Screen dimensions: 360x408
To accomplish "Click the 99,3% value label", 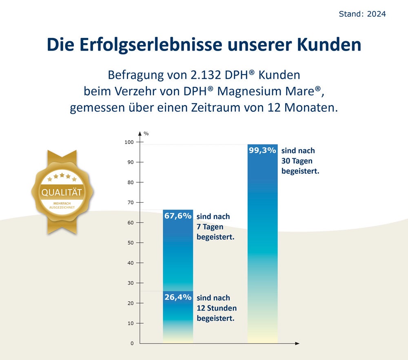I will point(263,150).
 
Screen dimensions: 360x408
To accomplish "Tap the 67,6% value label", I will point(178,216).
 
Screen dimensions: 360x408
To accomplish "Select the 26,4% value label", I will point(178,297).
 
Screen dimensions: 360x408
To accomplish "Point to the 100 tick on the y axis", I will point(129,142).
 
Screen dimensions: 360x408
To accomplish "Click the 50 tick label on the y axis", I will point(131,243).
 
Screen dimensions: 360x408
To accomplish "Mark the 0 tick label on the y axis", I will point(132,343).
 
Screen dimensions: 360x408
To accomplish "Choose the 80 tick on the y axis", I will point(131,182).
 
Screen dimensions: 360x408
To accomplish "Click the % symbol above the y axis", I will point(146,133).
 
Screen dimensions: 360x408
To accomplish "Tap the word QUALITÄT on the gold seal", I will point(62,192).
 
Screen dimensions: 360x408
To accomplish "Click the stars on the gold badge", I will point(62,177).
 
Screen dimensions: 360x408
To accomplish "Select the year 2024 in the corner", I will point(376,14).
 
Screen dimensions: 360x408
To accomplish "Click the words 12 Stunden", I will point(217,308).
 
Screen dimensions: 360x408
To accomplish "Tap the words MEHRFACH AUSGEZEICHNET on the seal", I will point(62,205).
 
